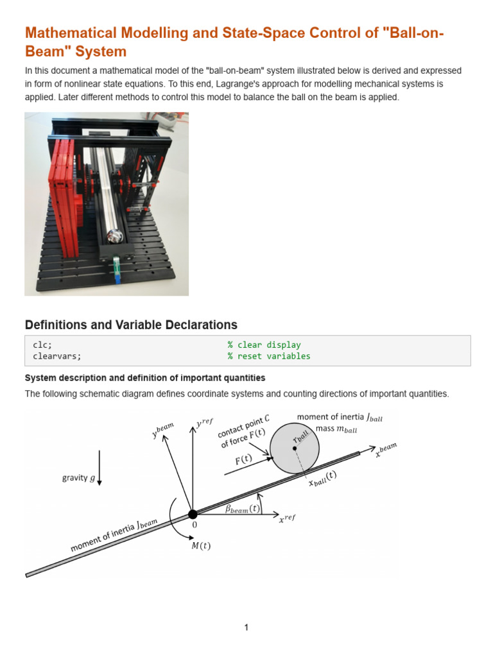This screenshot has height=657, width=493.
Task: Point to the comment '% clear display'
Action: click(264, 345)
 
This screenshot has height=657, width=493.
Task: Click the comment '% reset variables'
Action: click(268, 356)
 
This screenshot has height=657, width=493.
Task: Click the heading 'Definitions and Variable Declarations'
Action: click(131, 325)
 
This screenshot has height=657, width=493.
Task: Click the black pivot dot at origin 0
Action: click(192, 514)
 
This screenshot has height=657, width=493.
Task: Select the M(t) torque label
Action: click(201, 546)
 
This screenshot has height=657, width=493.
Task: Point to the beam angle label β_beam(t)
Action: click(243, 509)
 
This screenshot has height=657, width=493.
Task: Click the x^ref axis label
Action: click(287, 518)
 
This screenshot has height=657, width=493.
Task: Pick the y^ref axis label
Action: click(203, 423)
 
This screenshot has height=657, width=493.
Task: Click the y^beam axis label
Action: click(162, 429)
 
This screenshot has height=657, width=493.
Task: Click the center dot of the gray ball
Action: click(295, 448)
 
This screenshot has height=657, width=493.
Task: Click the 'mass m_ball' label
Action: click(336, 429)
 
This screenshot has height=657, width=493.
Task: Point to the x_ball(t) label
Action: click(321, 479)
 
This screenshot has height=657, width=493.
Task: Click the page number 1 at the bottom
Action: click(246, 627)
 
